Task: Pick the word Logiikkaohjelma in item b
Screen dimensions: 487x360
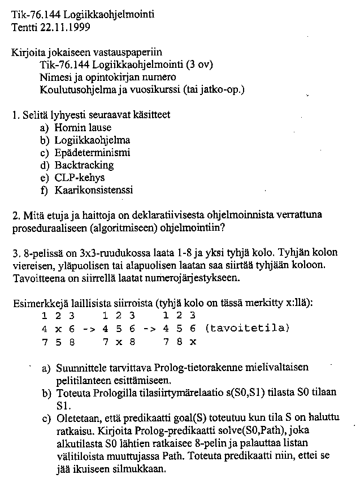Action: point(92,140)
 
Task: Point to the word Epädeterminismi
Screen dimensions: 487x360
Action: point(92,153)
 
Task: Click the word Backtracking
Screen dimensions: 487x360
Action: point(84,165)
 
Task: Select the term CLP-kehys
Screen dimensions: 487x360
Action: point(80,178)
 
